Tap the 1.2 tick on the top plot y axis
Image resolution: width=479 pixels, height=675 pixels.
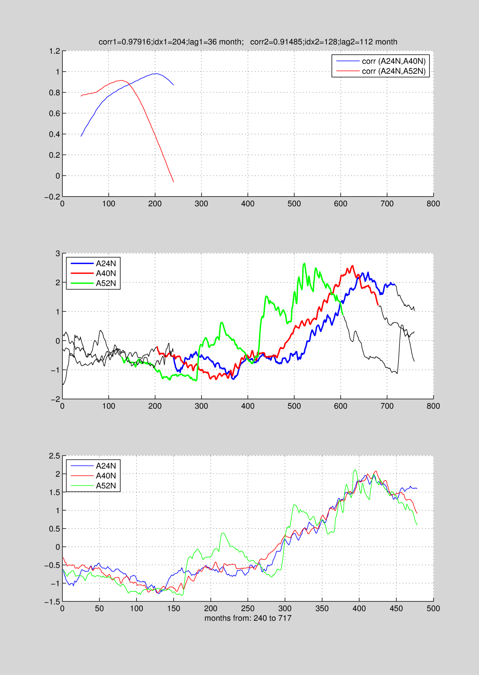55,51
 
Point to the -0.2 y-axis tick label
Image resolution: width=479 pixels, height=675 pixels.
52,197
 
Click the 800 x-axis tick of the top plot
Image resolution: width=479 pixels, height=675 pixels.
433,204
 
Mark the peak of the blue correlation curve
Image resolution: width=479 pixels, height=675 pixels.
156,74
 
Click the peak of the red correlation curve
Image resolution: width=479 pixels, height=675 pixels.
121,80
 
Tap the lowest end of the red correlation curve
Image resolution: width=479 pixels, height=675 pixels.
174,182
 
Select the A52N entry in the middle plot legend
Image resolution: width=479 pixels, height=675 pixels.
106,283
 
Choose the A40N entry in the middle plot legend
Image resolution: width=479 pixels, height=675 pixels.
106,273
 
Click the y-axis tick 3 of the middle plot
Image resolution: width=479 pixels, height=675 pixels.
58,253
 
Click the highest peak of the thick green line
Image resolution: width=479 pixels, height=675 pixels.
304,264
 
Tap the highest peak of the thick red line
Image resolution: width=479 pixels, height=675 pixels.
353,266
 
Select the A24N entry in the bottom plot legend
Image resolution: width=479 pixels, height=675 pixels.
106,466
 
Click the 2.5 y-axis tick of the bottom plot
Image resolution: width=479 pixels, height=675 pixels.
55,456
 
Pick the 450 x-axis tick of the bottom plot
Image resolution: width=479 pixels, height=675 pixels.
396,609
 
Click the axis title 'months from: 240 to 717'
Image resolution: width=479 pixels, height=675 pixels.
248,618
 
